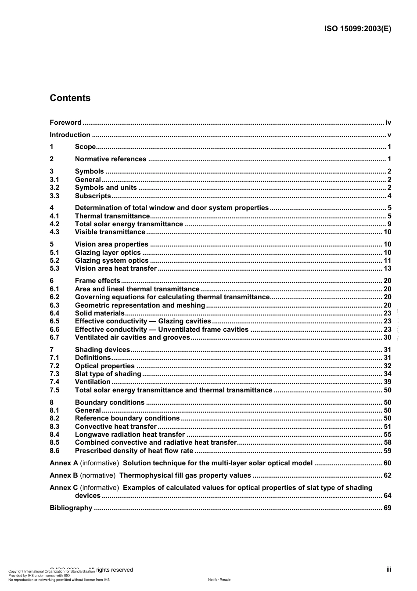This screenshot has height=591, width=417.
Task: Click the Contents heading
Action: pyautogui.click(x=70, y=98)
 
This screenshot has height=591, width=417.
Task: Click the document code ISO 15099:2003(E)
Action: pyautogui.click(x=357, y=29)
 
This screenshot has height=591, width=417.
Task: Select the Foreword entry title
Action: pyautogui.click(x=65, y=123)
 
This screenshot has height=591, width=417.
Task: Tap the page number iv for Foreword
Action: pyautogui.click(x=388, y=123)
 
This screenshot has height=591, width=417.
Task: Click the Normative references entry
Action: pyautogui.click(x=111, y=159)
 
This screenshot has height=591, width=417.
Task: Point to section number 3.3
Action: pyautogui.click(x=54, y=196)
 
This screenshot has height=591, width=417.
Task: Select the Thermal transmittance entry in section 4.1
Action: pyautogui.click(x=112, y=216)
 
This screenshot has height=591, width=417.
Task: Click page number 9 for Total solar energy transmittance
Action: pyautogui.click(x=389, y=224)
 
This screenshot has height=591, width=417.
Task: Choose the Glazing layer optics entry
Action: pyautogui.click(x=108, y=253)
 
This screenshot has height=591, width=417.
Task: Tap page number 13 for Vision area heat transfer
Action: pyautogui.click(x=387, y=268)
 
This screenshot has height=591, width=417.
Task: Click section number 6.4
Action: pyautogui.click(x=54, y=313)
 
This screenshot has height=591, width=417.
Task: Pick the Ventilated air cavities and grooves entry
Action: pyautogui.click(x=133, y=337)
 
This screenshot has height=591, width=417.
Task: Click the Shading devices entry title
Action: pyautogui.click(x=102, y=350)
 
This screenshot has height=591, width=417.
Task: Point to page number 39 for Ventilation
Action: pyautogui.click(x=387, y=382)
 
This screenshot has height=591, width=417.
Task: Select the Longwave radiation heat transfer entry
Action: pyautogui.click(x=130, y=435)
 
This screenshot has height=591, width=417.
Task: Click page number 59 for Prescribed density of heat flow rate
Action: pyautogui.click(x=387, y=451)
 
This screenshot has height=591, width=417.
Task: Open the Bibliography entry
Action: pyautogui.click(x=71, y=508)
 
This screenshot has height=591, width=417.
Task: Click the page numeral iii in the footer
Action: pyautogui.click(x=388, y=569)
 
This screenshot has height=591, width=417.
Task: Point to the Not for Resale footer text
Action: pyautogui.click(x=219, y=580)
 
